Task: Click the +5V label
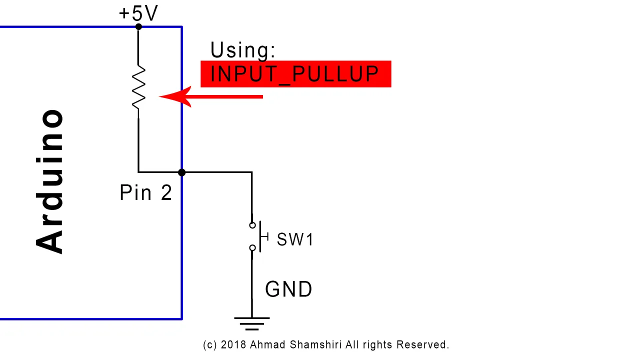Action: (138, 13)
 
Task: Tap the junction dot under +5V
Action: (138, 27)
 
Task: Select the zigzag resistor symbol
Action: (138, 87)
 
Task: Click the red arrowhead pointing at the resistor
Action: (175, 96)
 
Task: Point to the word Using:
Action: (243, 50)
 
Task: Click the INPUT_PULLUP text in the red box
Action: (294, 74)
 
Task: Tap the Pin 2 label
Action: (145, 192)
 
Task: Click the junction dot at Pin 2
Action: (181, 172)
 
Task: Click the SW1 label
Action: (295, 239)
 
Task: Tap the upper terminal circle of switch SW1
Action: (252, 225)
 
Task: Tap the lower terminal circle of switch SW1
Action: (252, 247)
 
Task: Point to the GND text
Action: (288, 289)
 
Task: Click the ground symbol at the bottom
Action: (251, 323)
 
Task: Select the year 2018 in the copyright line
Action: (233, 345)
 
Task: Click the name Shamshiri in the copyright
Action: (315, 345)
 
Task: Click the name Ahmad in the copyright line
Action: (267, 345)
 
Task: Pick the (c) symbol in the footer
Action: (210, 345)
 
